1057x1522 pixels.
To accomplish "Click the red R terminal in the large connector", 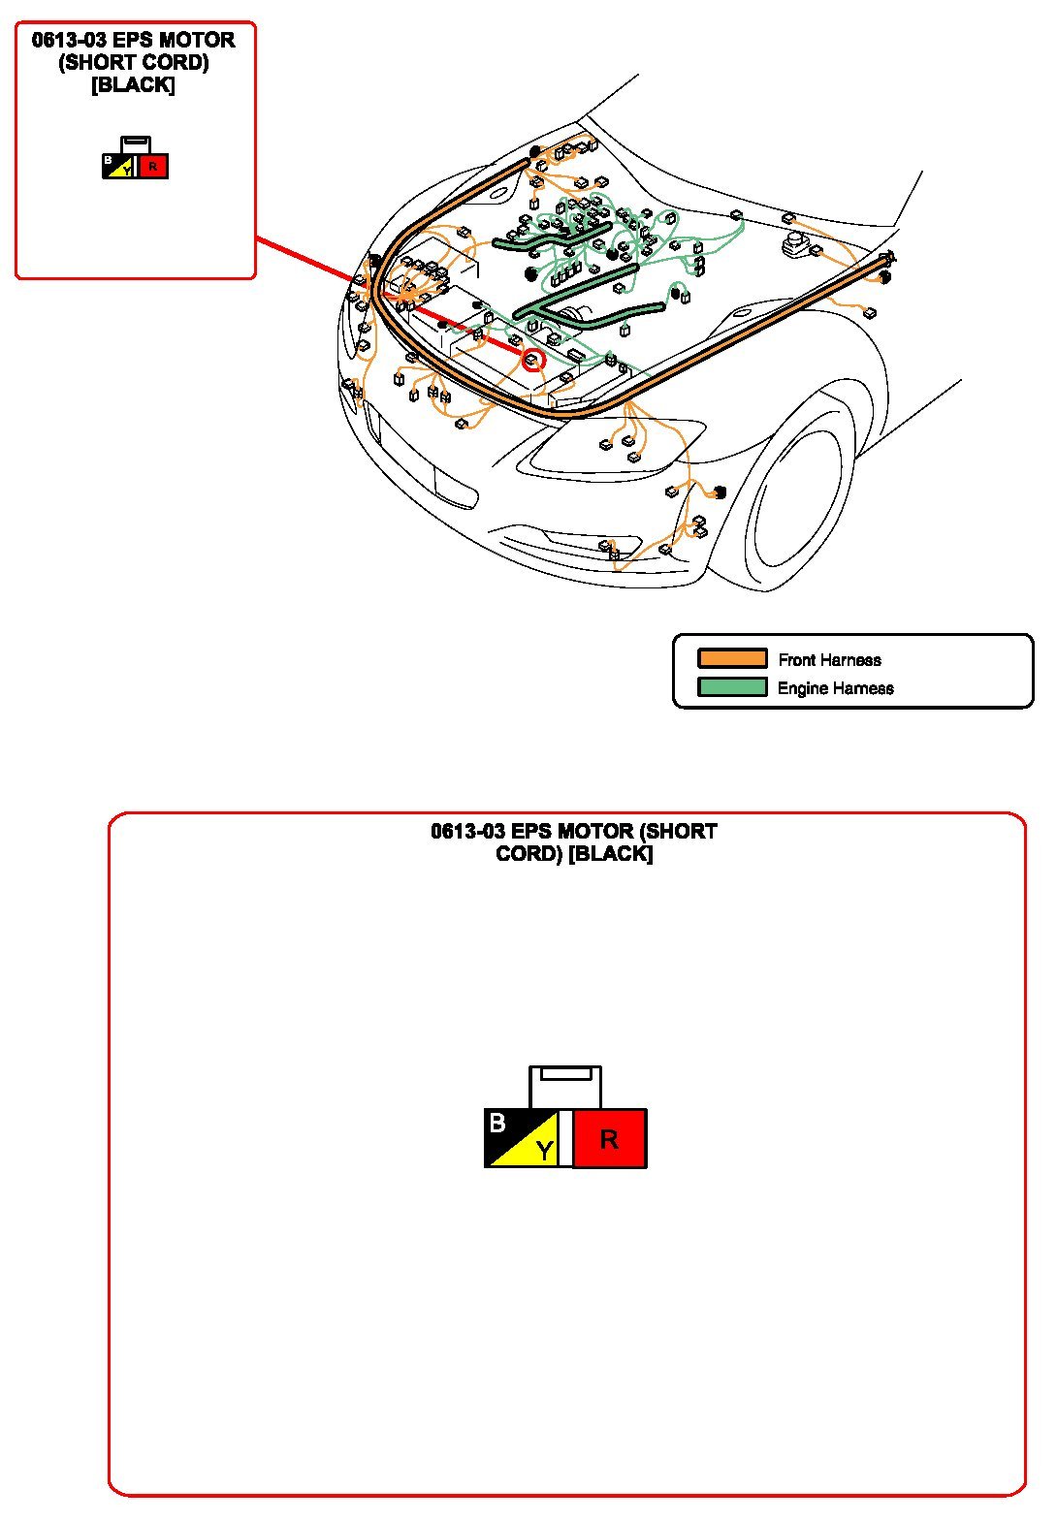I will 609,1138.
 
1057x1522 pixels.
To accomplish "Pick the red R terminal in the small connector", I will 153,167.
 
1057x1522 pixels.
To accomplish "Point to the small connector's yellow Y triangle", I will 124,171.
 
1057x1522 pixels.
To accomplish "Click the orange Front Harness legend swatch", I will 732,659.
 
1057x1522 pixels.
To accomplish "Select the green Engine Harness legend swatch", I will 732,687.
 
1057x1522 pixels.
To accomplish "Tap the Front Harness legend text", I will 829,660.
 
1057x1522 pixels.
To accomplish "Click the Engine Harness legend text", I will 835,688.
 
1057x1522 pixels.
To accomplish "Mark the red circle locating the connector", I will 533,361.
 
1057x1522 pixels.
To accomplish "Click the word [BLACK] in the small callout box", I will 133,85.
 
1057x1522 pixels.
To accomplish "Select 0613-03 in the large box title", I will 468,832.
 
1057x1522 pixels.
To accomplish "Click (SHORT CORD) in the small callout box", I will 134,63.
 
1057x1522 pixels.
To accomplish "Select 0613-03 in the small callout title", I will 70,41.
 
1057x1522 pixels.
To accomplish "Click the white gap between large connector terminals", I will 565,1138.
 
